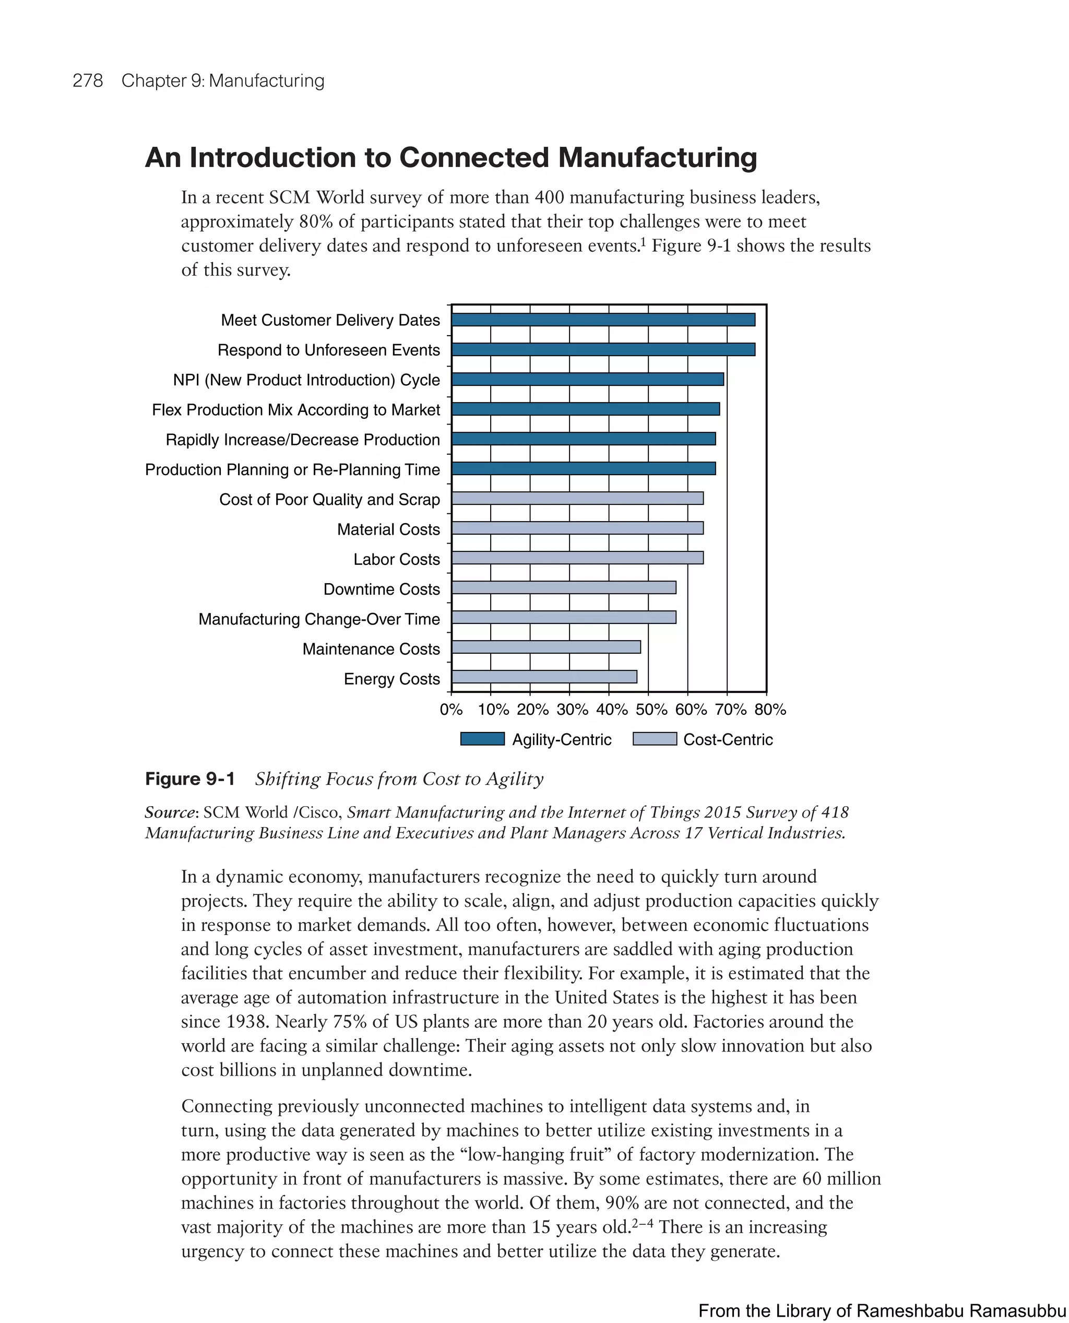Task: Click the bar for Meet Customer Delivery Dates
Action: [x=603, y=320]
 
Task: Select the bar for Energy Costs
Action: [x=544, y=677]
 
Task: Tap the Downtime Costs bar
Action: [x=563, y=587]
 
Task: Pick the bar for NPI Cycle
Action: [x=587, y=380]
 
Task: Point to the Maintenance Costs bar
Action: [x=545, y=647]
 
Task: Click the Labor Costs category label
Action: [x=397, y=559]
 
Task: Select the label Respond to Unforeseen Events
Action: [x=328, y=350]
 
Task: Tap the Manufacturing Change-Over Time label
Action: [x=319, y=619]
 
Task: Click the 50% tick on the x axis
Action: [x=651, y=710]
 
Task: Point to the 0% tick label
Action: [x=451, y=710]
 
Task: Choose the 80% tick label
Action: [x=770, y=710]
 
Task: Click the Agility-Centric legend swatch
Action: [x=482, y=739]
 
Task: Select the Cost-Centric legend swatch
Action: [x=655, y=739]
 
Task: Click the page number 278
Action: [x=88, y=81]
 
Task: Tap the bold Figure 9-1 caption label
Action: [x=189, y=779]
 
